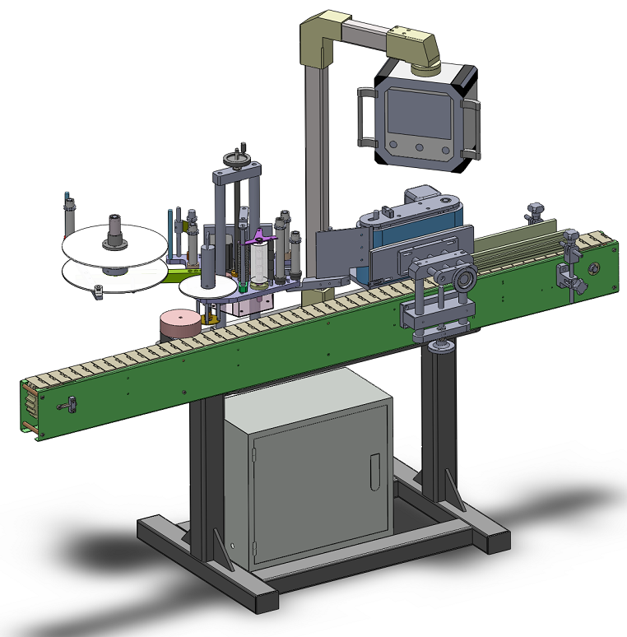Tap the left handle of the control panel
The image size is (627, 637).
[x=362, y=117]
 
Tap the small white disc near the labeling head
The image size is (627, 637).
[x=206, y=286]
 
